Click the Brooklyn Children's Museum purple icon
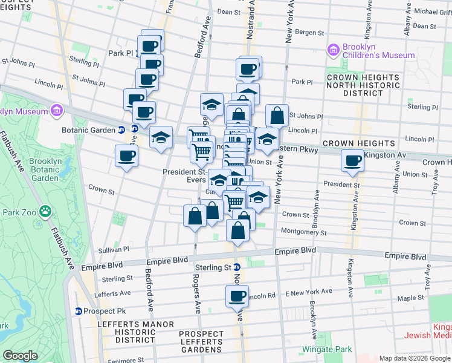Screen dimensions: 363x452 point(333,49)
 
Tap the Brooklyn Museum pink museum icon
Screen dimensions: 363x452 point(57,111)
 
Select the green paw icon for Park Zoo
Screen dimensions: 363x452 point(45,211)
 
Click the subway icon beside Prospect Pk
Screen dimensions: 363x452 point(79,311)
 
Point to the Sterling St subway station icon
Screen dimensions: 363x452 point(237,267)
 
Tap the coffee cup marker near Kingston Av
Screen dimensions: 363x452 point(352,160)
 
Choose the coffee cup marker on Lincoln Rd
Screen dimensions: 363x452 point(237,296)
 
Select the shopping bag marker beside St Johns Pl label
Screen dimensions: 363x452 point(276,114)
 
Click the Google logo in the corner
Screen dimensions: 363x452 point(21,355)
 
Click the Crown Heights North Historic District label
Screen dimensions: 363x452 point(363,85)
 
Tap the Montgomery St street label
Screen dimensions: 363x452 point(304,232)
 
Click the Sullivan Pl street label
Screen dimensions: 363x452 point(114,249)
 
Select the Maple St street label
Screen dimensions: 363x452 point(410,298)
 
